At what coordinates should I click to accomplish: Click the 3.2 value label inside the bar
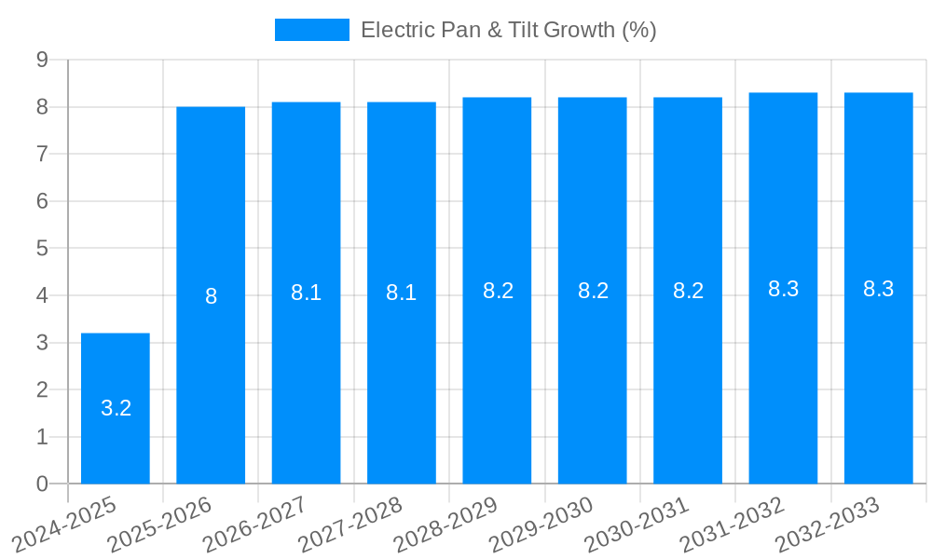click(x=116, y=408)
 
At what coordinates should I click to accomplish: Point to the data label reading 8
click(x=211, y=297)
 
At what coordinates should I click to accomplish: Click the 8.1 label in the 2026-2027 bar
click(x=306, y=293)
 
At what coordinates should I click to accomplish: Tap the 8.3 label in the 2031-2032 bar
click(x=783, y=289)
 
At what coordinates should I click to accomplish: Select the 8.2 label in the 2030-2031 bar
click(x=688, y=291)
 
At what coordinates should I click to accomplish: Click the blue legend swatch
click(x=311, y=30)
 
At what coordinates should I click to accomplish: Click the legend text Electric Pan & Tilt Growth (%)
click(x=508, y=30)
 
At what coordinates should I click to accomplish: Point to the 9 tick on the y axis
click(x=42, y=60)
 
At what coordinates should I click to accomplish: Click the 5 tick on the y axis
click(x=42, y=249)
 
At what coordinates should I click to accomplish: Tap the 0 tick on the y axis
click(x=42, y=484)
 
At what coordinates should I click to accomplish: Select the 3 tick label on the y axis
click(x=42, y=343)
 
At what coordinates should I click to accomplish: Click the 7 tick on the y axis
click(x=42, y=154)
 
